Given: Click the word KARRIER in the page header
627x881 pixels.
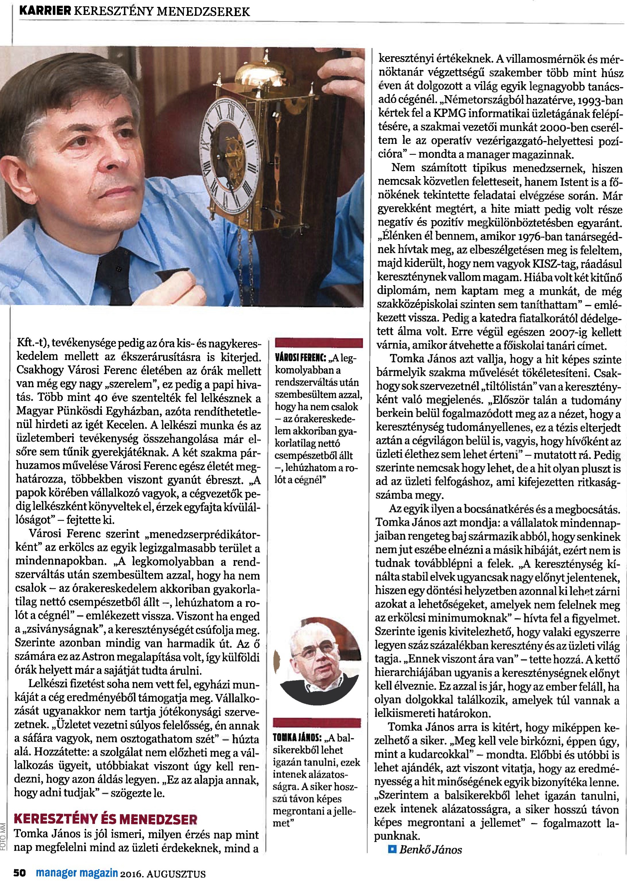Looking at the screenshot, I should pyautogui.click(x=45, y=11).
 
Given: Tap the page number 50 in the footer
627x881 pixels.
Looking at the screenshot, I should pyautogui.click(x=19, y=873).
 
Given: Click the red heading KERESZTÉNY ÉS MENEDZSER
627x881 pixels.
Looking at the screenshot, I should pyautogui.click(x=105, y=819).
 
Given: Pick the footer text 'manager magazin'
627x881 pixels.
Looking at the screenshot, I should pyautogui.click(x=77, y=873).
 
